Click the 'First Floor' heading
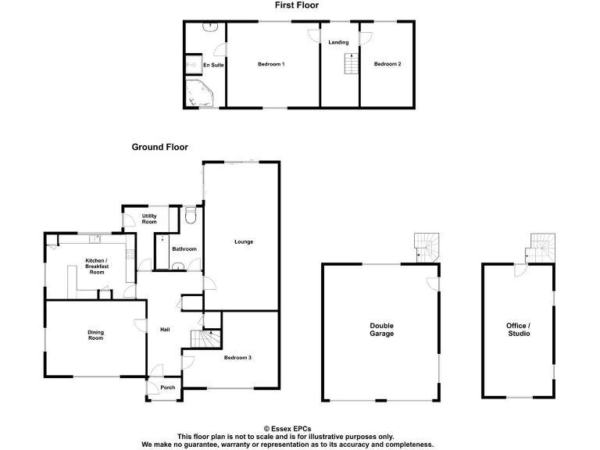coord(297,5)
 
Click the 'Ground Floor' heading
coord(159,147)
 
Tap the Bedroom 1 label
coord(271,64)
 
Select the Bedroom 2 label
coord(387,64)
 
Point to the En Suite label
coord(213,65)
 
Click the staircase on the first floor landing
coord(350,65)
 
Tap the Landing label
coord(338,42)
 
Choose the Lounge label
coord(244,241)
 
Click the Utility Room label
coord(149,219)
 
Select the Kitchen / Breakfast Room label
coord(96,266)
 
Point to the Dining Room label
coord(95,336)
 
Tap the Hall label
coord(165,329)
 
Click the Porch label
coord(167,388)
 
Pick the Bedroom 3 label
coord(237,358)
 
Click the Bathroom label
coord(185,249)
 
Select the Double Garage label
coord(382,330)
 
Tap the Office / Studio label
coord(519,329)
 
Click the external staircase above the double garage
coord(427,247)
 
